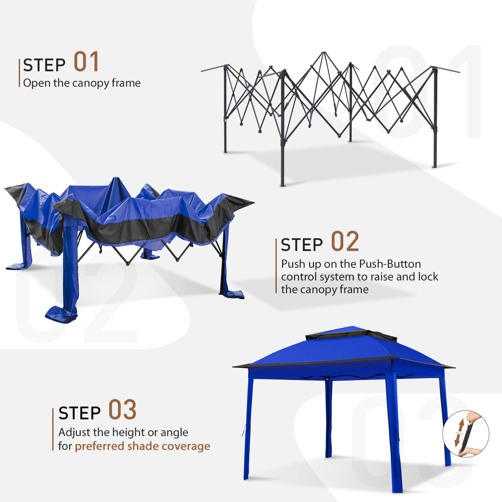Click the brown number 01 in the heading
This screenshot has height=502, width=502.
coord(86,62)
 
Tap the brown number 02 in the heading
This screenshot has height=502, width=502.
coord(345,242)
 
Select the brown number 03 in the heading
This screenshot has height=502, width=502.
coord(123,410)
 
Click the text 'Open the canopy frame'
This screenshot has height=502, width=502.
coord(82,83)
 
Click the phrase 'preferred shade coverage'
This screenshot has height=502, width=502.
coord(142,446)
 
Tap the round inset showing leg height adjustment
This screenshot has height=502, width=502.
coord(465,434)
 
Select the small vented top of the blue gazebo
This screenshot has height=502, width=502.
coord(351,333)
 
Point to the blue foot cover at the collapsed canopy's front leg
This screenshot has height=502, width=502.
coord(61,314)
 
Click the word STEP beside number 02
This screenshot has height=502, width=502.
coord(302,245)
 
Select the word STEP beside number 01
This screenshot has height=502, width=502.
coord(44,66)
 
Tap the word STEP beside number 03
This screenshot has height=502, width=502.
coord(79,413)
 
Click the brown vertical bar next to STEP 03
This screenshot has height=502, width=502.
coord(53,429)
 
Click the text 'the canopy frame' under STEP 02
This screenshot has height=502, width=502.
coord(324,290)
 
